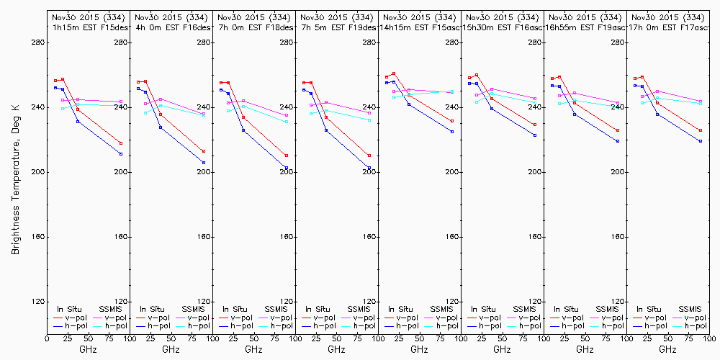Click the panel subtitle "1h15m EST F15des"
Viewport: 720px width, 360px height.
coord(88,27)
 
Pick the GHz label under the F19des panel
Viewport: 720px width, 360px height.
coord(336,349)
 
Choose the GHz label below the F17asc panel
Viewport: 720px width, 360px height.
coord(667,349)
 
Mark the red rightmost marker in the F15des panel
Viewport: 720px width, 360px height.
coord(121,143)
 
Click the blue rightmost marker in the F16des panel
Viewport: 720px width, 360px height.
coord(204,163)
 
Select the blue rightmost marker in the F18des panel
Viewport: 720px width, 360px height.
coord(287,168)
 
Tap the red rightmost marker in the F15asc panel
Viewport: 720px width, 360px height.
coord(452,121)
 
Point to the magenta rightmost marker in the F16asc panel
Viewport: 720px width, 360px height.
coord(535,99)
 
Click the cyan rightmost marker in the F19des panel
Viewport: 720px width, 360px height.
coord(369,120)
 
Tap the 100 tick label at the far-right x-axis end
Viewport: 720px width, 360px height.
coord(708,336)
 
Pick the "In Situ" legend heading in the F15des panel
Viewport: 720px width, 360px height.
coord(69,309)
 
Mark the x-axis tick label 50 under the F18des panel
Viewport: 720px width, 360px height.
coord(253,336)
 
